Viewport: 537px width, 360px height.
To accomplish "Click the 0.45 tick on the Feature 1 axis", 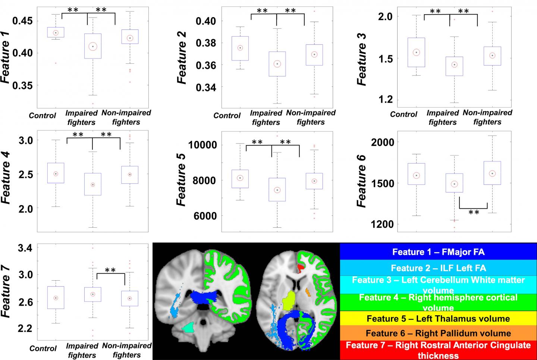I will point(22,21).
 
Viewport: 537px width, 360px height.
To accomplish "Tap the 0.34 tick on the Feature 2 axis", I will point(205,88).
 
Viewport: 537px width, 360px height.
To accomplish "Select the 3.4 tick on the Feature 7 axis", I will point(25,248).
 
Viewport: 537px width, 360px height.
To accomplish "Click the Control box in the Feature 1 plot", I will point(56,32).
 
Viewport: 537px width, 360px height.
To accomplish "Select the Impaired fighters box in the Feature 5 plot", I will point(277,190).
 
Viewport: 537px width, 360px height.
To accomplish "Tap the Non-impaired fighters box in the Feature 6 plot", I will point(492,173).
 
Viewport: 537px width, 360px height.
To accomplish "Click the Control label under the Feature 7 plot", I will point(43,348).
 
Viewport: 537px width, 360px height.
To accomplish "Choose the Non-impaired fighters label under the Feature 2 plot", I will point(311,117).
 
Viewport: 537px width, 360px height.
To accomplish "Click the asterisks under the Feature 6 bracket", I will point(474,212).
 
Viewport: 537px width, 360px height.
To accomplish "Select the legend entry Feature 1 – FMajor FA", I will point(438,252).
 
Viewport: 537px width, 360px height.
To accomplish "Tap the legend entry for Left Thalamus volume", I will point(438,319).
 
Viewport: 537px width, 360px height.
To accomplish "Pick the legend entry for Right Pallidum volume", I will point(438,333).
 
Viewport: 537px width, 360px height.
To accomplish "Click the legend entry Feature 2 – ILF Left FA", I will point(438,268).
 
